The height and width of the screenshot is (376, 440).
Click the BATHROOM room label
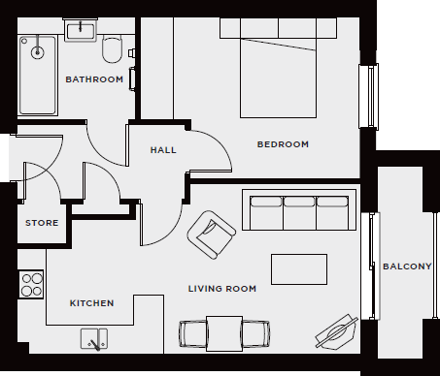[x=94, y=79]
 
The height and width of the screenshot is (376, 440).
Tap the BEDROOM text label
[x=283, y=144]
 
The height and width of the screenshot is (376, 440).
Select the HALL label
[x=163, y=151]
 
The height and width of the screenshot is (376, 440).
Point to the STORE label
[x=42, y=223]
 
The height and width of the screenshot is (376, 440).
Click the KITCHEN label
[x=92, y=303]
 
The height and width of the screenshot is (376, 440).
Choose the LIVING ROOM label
[x=222, y=289]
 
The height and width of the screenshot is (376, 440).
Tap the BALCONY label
[x=406, y=266]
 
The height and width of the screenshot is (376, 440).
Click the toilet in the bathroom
[x=113, y=48]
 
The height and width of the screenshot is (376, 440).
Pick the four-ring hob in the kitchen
[x=31, y=282]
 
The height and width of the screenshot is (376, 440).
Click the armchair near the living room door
[x=212, y=234]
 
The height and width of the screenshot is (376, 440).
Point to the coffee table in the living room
[x=298, y=268]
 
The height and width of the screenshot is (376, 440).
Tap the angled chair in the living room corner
[x=335, y=332]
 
